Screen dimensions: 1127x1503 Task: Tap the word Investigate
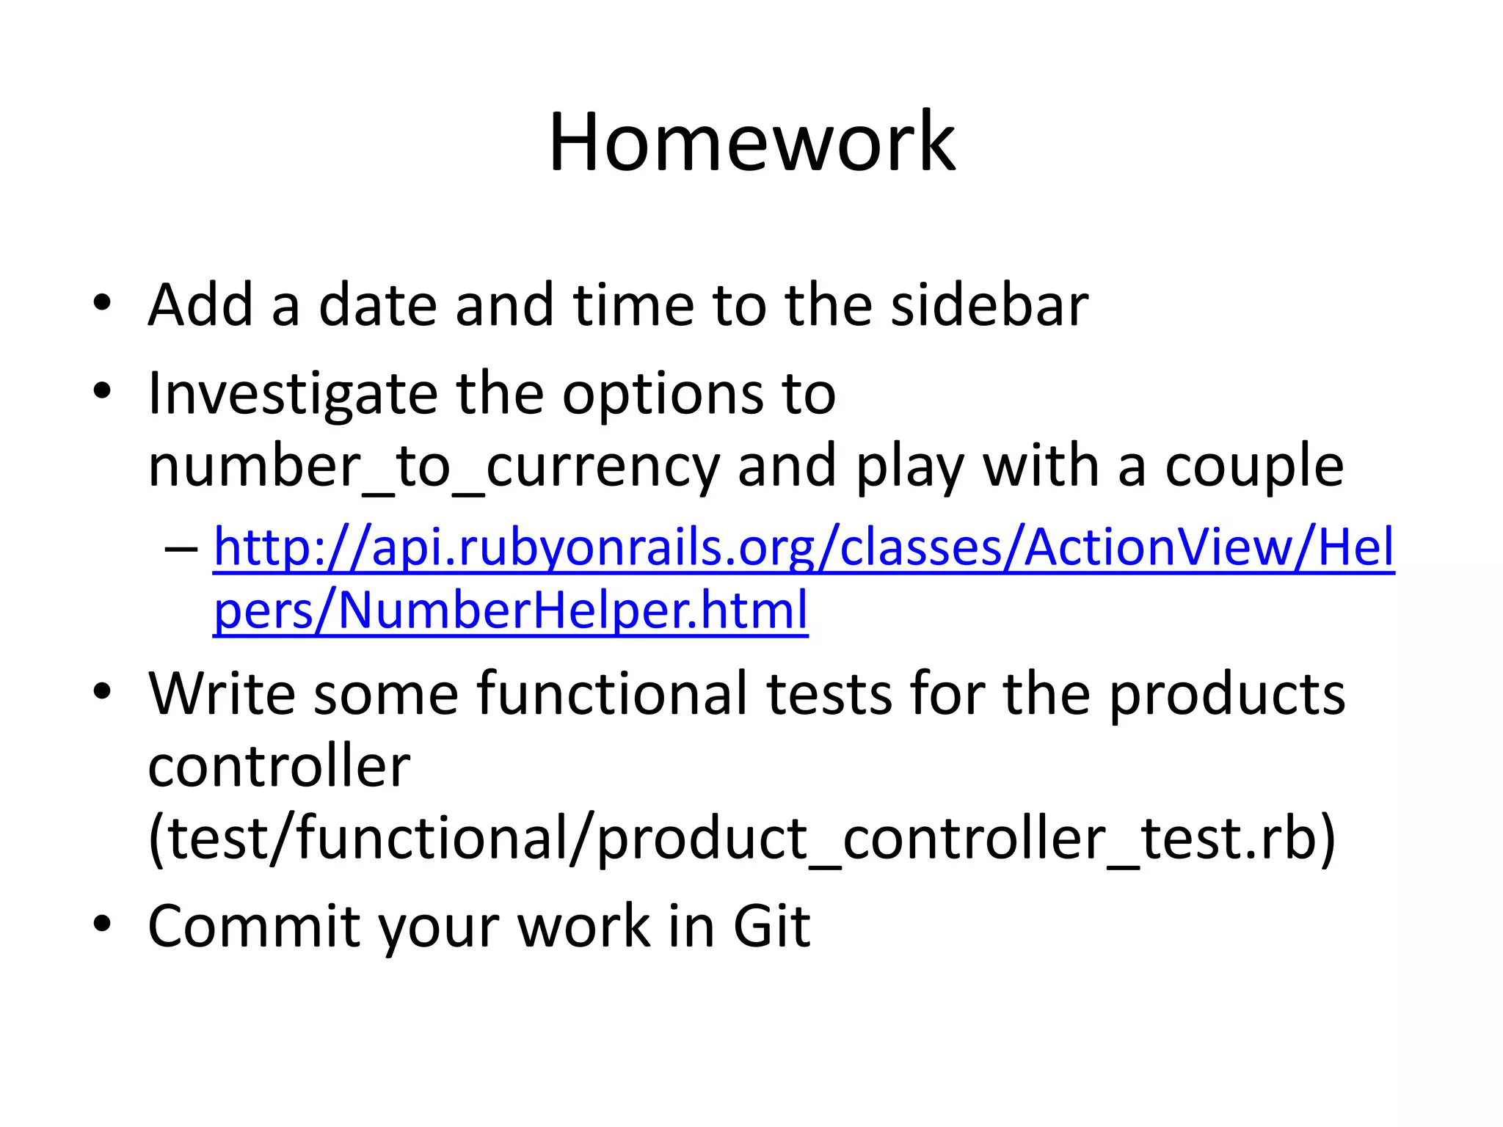tap(291, 395)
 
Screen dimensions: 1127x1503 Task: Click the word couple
tap(1253, 467)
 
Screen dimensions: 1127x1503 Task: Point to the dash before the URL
tap(181, 549)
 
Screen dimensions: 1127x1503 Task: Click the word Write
tap(221, 693)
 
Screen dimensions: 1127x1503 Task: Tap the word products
tap(1226, 693)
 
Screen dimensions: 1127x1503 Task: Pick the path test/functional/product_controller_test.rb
tap(741, 839)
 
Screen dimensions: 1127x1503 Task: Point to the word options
tap(662, 395)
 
